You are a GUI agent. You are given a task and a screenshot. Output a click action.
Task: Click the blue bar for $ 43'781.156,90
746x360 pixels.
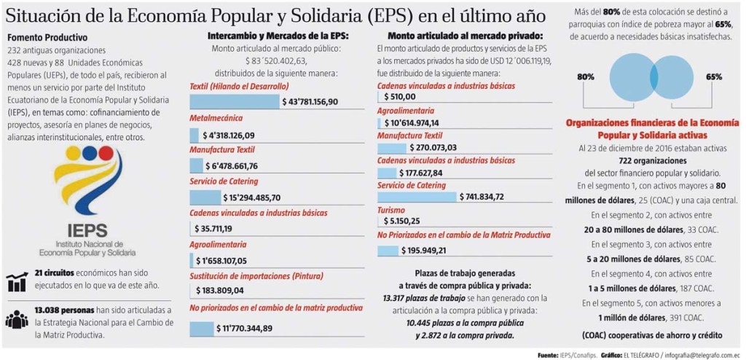tap(233, 101)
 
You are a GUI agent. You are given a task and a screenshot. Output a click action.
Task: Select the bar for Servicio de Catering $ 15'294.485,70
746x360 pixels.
tap(205, 197)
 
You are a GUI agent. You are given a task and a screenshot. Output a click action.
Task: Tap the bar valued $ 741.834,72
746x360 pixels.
tap(417, 197)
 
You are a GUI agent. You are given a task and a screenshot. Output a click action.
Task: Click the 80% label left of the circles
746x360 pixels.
tap(586, 77)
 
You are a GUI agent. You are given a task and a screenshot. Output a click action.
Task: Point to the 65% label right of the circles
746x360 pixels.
tap(714, 77)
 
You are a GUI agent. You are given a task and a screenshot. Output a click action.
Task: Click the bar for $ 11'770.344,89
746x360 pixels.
tap(201, 329)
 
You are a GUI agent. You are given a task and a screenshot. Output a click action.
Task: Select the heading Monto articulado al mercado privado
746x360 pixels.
tap(466, 36)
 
